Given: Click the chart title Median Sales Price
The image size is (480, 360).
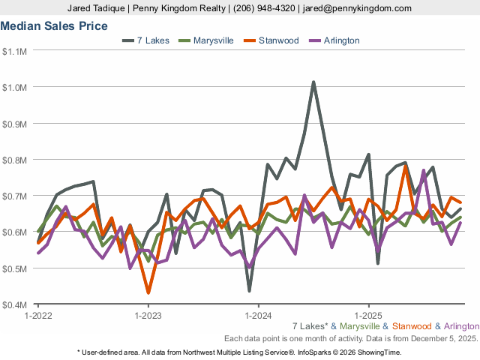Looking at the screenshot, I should coord(54,25).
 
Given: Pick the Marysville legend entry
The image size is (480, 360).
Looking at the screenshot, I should coord(209,40).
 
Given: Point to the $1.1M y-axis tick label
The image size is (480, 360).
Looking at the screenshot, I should coord(16,51).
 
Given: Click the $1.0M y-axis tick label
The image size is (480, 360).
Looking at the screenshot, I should coord(16,87).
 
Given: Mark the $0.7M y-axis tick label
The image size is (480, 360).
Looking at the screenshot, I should coord(16,196).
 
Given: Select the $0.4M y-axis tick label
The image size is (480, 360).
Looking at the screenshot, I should coord(16,304).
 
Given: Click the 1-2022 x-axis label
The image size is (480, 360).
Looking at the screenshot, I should coord(37,316).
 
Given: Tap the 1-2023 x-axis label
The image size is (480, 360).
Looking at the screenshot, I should coord(148,316).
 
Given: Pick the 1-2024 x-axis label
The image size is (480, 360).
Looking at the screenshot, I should coord(258,316).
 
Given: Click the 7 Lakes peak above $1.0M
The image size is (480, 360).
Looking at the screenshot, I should coord(313,82).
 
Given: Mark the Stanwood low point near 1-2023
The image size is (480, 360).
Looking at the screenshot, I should coord(148,292).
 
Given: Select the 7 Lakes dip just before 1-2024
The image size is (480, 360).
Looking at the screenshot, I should coord(249,290).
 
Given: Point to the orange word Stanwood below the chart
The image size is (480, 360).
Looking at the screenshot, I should coord(412,326).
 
